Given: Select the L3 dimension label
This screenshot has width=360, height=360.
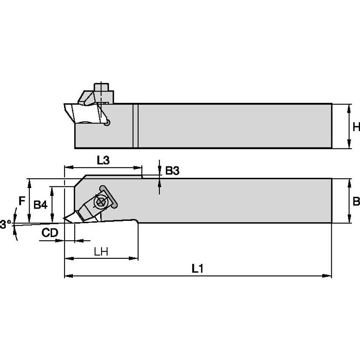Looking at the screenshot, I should pos(103,160).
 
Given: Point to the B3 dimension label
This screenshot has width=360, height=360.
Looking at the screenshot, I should pos(172,171).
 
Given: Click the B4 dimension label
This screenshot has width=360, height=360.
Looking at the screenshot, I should pos(40,205).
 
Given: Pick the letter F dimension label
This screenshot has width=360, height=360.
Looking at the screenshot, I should pos(21,201).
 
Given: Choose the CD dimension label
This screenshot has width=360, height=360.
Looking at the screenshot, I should pos(49,232).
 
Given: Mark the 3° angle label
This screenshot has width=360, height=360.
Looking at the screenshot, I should pos(5,224).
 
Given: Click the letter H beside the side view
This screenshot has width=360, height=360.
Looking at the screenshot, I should pos(356,126).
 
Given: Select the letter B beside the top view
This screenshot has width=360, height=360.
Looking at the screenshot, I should pos(356,201).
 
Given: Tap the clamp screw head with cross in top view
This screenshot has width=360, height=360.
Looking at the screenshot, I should pos(101,202).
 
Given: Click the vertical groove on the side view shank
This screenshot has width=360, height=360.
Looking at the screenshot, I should pos(135,126).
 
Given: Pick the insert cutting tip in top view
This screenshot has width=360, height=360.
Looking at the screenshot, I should pos(65,218).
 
